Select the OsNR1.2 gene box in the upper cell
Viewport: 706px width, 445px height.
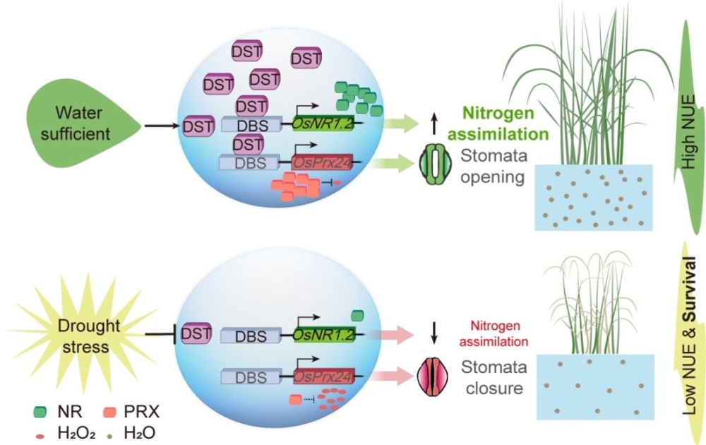[323, 124]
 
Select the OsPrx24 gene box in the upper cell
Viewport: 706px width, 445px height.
[321, 162]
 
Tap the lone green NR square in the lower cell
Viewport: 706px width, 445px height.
[357, 313]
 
